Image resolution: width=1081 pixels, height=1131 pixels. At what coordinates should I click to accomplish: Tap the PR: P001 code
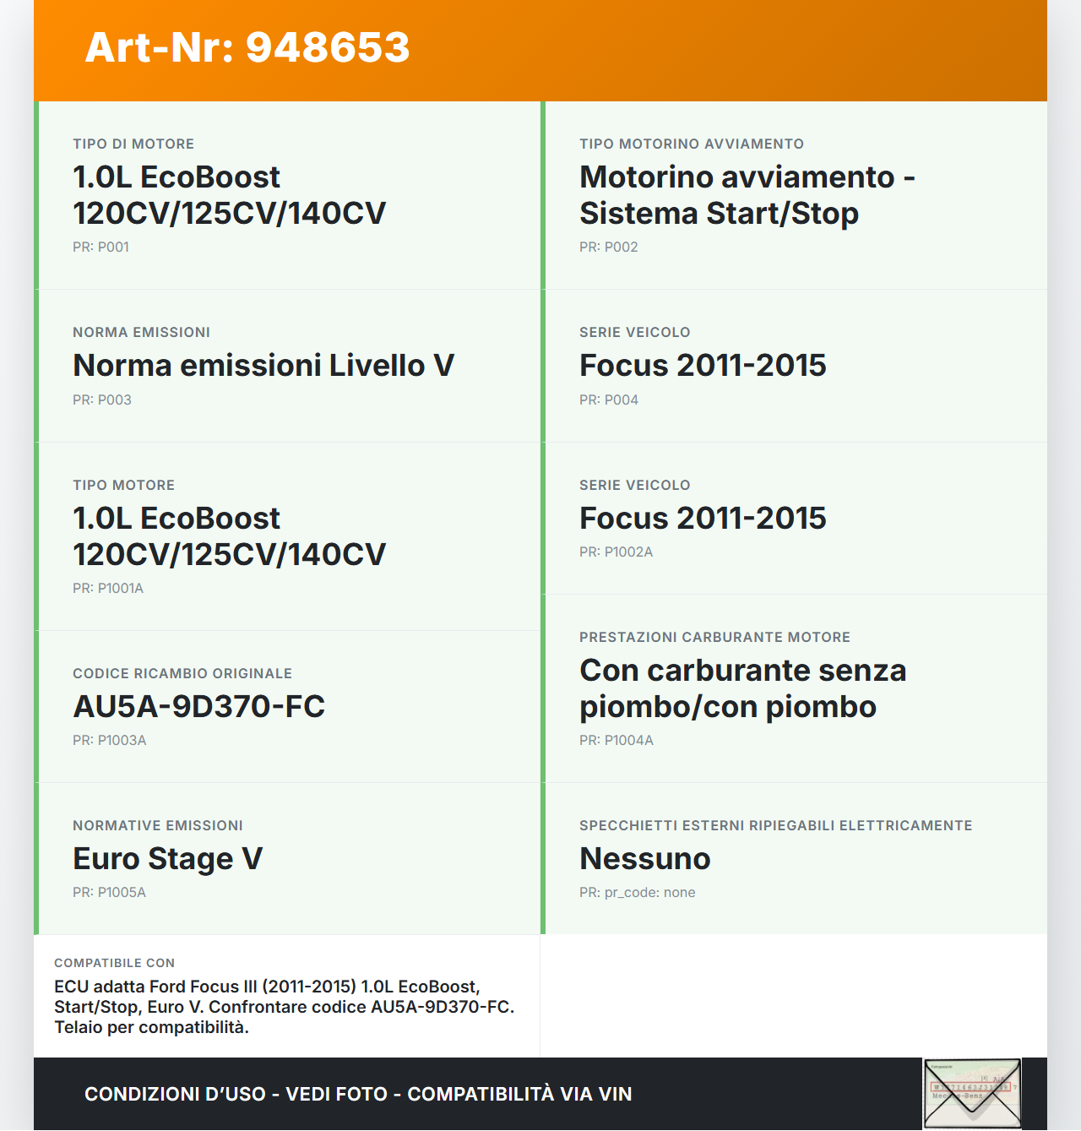100,247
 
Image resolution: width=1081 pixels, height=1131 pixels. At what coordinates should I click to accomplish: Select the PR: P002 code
608,247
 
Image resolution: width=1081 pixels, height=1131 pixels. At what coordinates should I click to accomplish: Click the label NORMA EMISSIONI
141,332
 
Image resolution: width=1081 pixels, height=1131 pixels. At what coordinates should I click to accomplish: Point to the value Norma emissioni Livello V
263,365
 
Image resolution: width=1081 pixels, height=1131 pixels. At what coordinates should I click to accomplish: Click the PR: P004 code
608,400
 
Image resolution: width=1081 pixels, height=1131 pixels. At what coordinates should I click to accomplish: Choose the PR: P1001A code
108,588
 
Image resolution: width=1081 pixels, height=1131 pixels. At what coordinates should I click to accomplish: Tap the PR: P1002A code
616,552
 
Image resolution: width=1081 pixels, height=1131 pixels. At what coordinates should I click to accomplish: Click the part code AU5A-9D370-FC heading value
198,706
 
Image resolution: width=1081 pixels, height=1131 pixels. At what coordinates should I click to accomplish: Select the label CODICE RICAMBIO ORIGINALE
182,673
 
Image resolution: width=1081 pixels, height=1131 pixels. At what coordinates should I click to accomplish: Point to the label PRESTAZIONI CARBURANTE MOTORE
714,637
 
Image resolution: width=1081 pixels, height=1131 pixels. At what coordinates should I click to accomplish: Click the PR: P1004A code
616,740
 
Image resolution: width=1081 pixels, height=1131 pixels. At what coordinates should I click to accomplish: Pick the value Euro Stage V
167,858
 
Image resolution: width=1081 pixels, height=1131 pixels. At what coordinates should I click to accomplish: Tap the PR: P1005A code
109,892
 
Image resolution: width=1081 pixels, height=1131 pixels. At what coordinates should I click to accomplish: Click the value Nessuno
644,858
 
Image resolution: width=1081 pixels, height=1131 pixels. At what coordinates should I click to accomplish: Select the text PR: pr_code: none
637,892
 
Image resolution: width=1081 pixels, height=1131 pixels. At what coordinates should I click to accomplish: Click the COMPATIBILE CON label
114,963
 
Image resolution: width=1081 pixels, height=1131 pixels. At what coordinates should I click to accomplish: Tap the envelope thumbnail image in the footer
972,1093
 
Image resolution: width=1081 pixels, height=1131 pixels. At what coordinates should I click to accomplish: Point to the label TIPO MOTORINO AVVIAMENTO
691,144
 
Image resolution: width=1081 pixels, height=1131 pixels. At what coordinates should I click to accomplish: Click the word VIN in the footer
615,1094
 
